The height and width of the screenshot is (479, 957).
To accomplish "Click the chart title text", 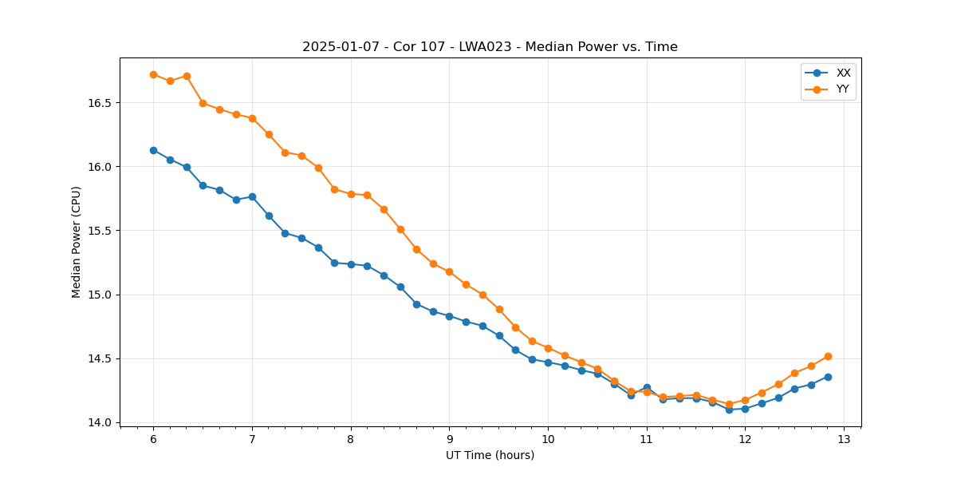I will pos(490,47).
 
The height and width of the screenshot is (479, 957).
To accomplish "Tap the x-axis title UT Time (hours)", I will pos(490,455).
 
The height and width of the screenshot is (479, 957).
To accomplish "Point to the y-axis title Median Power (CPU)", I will pos(77,242).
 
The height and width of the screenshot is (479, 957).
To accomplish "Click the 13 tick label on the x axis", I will pos(844,439).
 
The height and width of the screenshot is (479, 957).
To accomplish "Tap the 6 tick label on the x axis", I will pos(153,439).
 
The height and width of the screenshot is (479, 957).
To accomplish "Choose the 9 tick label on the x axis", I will pos(449,439).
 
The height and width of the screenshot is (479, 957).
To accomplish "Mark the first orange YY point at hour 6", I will pos(153,74).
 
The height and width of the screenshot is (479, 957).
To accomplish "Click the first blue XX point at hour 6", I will pos(153,150).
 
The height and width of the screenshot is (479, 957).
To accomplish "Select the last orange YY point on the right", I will pos(828,356).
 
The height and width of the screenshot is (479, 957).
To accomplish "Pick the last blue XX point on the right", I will pos(828,377).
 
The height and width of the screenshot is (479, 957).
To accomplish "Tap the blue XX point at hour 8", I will pos(351,264).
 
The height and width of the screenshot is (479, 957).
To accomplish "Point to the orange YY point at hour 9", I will pos(449,271).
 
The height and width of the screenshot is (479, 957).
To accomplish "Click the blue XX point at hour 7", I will pos(252,196).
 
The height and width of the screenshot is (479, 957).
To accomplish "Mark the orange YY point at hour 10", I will pos(548,348).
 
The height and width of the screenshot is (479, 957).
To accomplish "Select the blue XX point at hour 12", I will pos(745,409).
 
